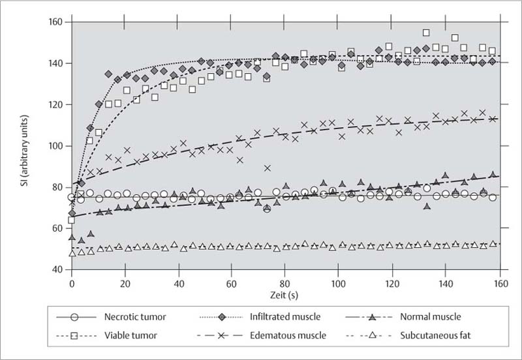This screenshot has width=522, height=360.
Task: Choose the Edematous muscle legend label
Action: pyautogui.click(x=284, y=336)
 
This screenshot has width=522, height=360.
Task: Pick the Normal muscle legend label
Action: pyautogui.click(x=431, y=318)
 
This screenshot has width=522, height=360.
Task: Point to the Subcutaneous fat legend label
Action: pyautogui.click(x=438, y=336)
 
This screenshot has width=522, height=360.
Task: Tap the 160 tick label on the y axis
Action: pyautogui.click(x=54, y=23)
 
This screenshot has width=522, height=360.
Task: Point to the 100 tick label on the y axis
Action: pyautogui.click(x=54, y=146)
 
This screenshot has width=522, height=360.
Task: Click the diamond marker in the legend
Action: pyautogui.click(x=223, y=318)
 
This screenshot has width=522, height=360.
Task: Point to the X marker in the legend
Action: pyautogui.click(x=223, y=336)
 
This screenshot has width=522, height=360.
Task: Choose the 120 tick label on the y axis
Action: pyautogui.click(x=54, y=105)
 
